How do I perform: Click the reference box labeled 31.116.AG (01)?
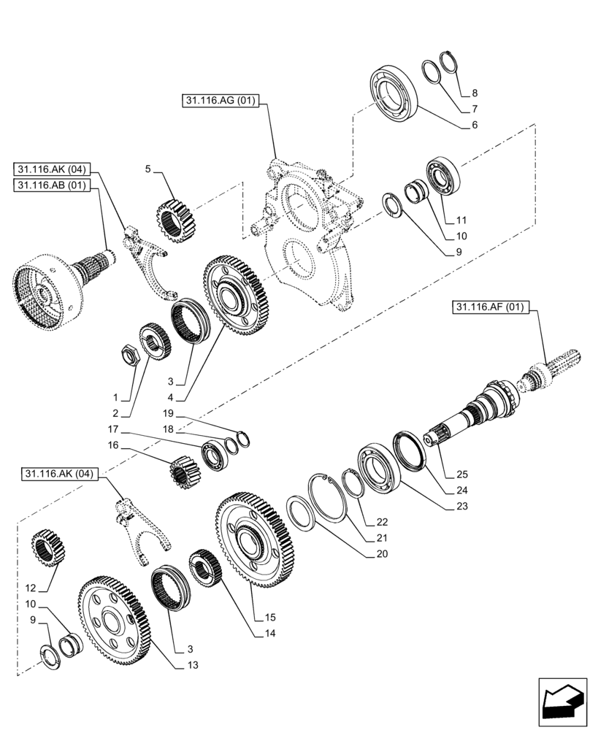coord(220,101)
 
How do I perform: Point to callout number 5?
coord(148,169)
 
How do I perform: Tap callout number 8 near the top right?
coord(474,93)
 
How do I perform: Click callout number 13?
coord(192,665)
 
